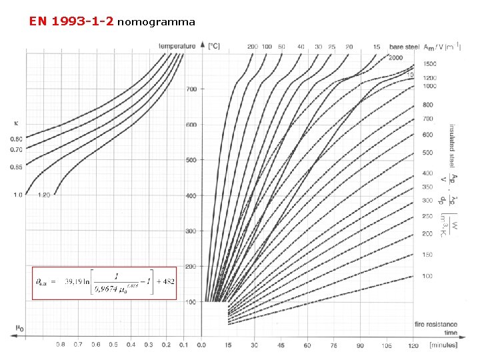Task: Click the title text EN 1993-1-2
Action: tap(72, 21)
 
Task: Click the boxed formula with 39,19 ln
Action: tap(105, 282)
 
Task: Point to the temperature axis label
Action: tap(177, 46)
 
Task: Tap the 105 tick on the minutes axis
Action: tap(386, 345)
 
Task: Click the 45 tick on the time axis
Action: tap(280, 345)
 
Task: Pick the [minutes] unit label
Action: tap(443, 345)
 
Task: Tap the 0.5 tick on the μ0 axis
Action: tap(113, 345)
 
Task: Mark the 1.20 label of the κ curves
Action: tap(45, 195)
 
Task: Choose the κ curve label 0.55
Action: tap(16, 167)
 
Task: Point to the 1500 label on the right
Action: tap(431, 64)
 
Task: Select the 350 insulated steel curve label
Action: tap(427, 187)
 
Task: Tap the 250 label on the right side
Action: tap(427, 216)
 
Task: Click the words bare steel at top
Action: tap(404, 47)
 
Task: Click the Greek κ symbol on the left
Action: tap(16, 123)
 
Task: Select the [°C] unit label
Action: tap(214, 46)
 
